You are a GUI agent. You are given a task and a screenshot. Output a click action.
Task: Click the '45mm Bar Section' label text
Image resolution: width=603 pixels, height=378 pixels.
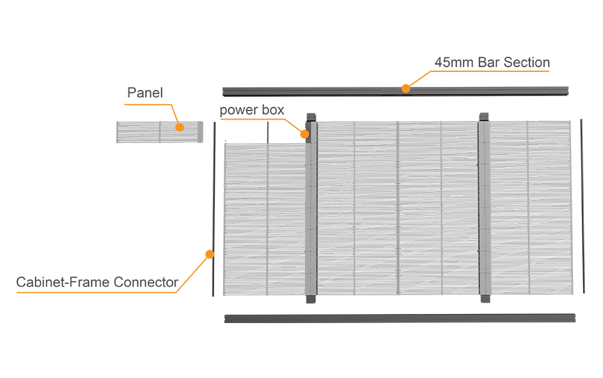[491, 63]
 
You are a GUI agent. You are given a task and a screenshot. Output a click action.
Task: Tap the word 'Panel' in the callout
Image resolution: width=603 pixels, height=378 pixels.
[145, 94]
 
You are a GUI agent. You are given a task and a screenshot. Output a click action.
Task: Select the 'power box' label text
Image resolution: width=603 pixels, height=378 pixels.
[251, 111]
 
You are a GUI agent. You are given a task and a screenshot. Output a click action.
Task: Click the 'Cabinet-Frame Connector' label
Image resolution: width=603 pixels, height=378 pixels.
[96, 282]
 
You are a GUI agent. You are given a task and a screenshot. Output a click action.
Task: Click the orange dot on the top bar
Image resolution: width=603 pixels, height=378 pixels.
[406, 88]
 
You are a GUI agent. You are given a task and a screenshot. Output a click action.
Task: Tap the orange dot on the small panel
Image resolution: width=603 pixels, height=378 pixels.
[179, 127]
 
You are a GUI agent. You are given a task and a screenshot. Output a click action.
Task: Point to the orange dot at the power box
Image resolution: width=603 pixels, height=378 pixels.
[306, 133]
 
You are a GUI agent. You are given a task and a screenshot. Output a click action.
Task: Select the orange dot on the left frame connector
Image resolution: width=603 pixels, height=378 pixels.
[210, 254]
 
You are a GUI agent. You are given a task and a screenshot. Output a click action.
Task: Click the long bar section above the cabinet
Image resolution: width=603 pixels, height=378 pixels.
[395, 92]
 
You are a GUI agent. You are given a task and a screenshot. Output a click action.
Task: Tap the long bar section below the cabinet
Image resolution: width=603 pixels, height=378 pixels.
[399, 318]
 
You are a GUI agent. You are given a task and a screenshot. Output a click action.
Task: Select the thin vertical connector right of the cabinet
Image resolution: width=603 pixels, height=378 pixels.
[582, 205]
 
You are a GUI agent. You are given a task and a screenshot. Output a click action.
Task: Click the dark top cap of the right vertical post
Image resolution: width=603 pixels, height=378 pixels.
[484, 117]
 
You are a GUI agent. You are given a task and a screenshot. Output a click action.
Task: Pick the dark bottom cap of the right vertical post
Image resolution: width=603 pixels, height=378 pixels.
[484, 299]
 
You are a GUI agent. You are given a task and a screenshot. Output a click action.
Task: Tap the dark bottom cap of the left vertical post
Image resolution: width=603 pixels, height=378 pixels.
[311, 299]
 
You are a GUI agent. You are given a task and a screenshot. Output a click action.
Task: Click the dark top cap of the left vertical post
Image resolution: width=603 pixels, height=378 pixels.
[311, 117]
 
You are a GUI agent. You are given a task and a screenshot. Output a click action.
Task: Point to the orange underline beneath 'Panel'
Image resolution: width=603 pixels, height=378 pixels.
[148, 104]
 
